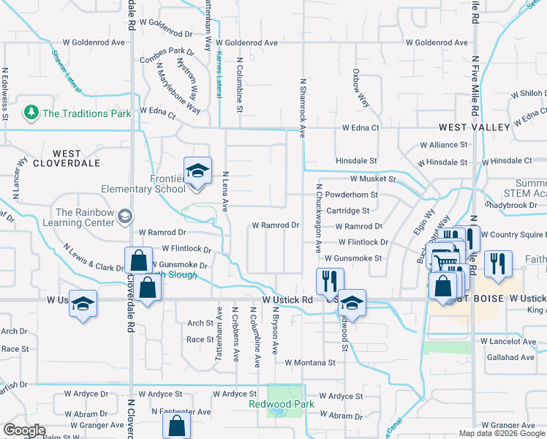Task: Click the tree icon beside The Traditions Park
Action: click(31, 113)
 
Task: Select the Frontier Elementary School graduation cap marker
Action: click(197, 170)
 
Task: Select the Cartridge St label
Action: click(347, 211)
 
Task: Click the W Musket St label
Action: click(372, 179)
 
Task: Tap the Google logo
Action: click(24, 430)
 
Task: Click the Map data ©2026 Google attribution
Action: click(502, 433)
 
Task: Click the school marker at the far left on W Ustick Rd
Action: click(83, 303)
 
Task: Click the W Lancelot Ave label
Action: click(508, 342)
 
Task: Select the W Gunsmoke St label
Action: click(353, 258)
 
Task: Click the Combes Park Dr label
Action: click(170, 51)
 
